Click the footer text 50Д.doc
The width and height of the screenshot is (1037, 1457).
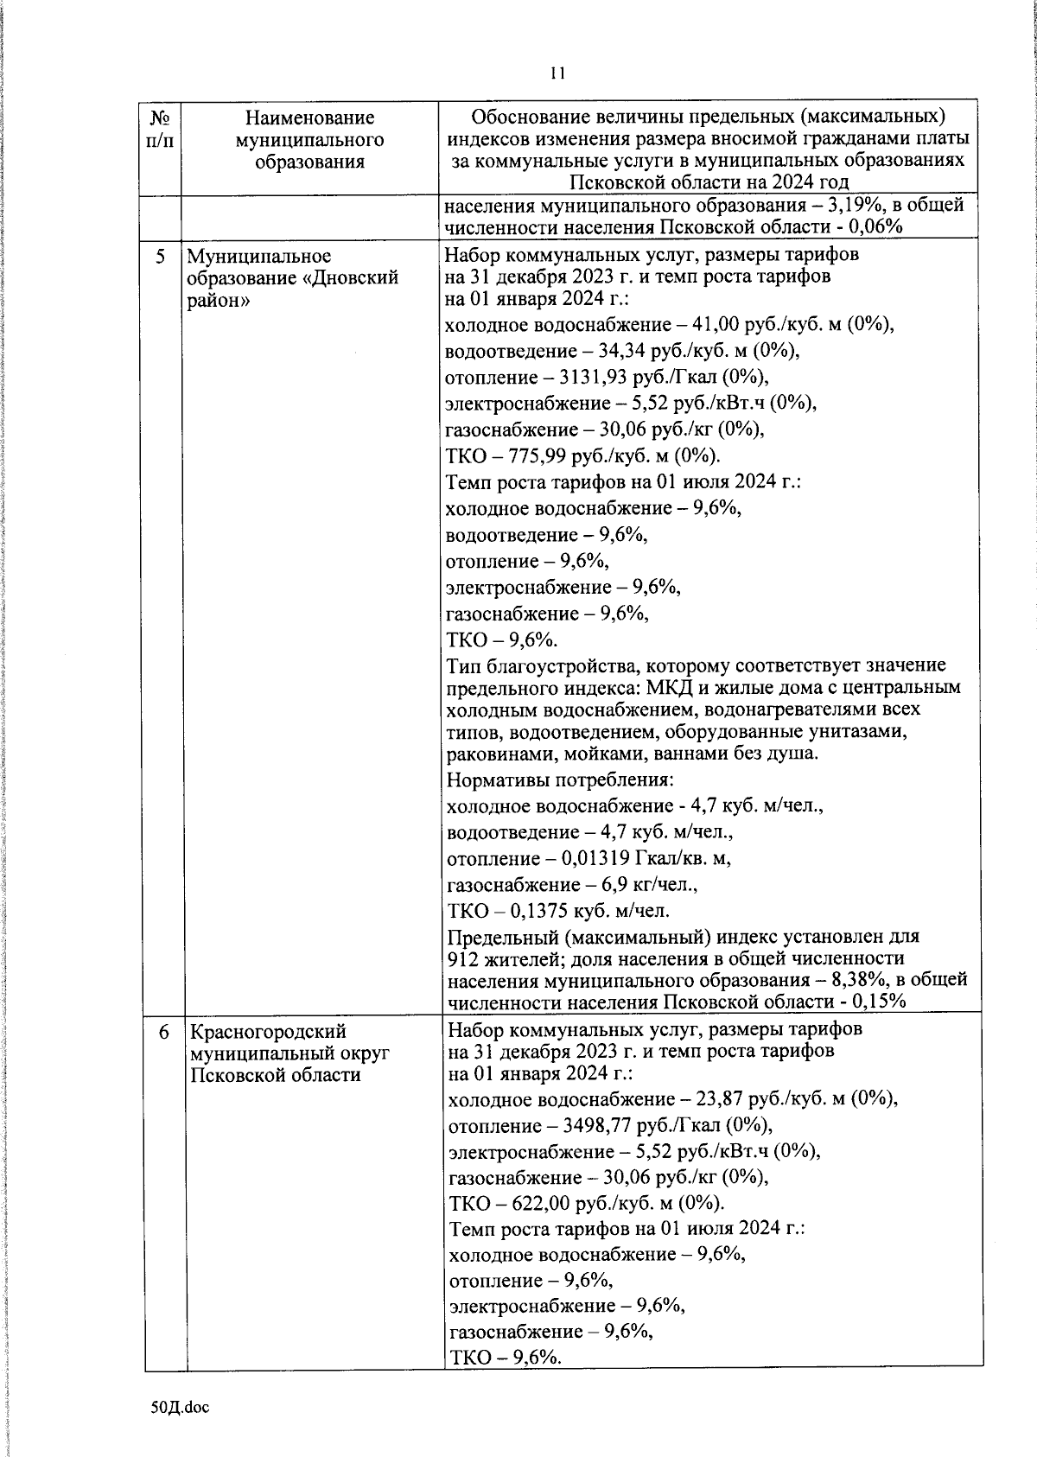pyautogui.click(x=180, y=1408)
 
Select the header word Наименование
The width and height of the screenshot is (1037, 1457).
pyautogui.click(x=309, y=118)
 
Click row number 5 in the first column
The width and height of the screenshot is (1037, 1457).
pyautogui.click(x=162, y=257)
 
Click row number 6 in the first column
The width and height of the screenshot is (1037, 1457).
pyautogui.click(x=164, y=1031)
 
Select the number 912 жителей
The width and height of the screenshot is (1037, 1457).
pyautogui.click(x=499, y=959)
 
